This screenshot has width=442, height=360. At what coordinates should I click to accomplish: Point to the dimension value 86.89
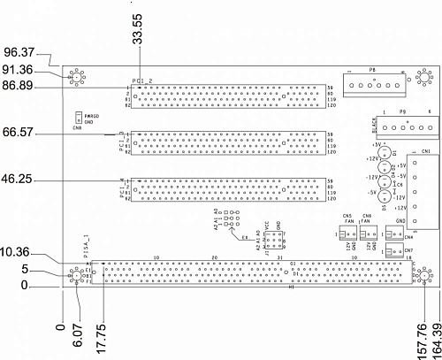click(x=19, y=87)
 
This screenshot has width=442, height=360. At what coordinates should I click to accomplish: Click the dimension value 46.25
click(x=19, y=178)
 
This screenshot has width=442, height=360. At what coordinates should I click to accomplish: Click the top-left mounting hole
click(x=78, y=77)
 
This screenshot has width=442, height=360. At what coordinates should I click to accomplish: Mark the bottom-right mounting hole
click(x=422, y=278)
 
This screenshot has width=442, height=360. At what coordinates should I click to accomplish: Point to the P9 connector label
click(x=402, y=112)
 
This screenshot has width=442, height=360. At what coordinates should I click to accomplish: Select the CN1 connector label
click(x=425, y=152)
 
